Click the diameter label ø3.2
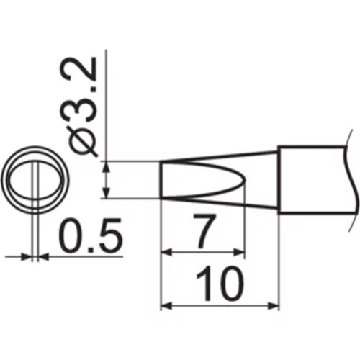(x=82, y=107)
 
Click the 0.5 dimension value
(x=91, y=235)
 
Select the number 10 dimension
(x=220, y=284)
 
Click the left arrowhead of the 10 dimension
(x=166, y=306)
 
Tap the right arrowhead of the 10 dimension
(x=274, y=306)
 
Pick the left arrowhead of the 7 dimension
(x=166, y=252)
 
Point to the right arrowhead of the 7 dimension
(x=239, y=252)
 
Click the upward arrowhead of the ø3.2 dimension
(x=107, y=167)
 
